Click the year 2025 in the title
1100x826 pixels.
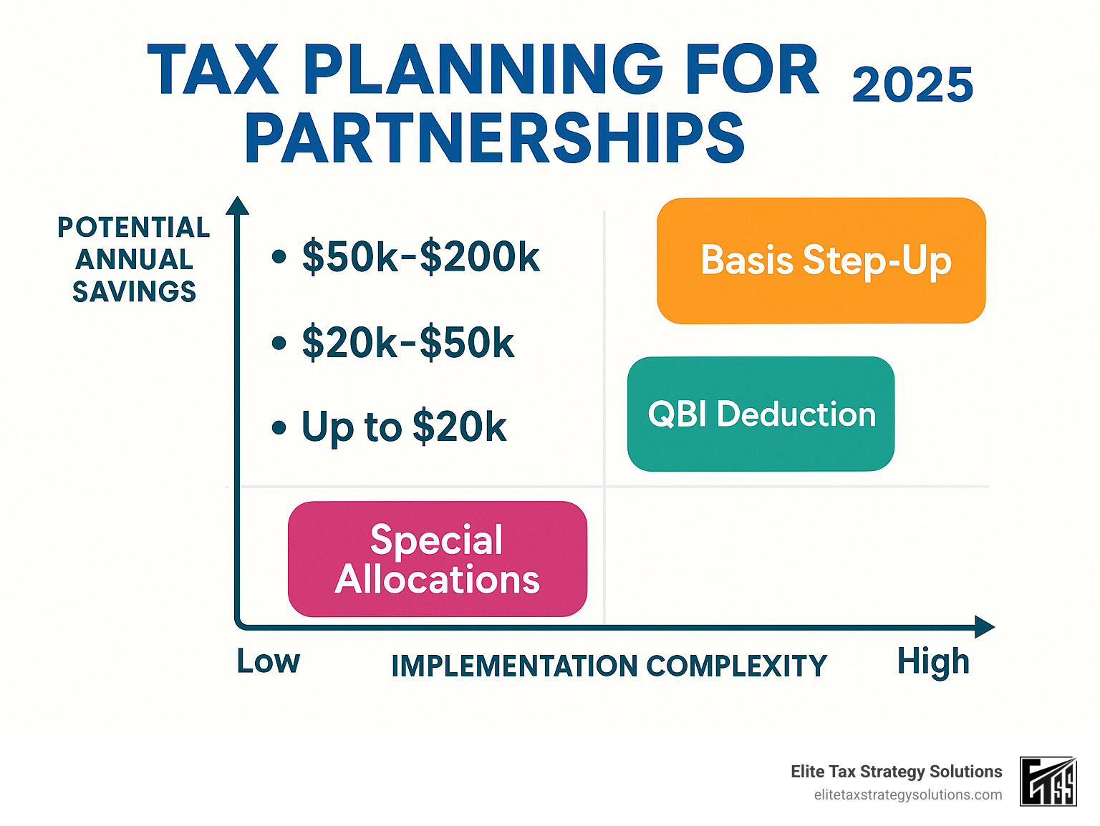[912, 85]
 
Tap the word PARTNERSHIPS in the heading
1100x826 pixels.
[494, 138]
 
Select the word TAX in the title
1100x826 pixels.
[213, 70]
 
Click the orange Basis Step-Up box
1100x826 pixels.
[821, 261]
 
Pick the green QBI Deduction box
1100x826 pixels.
[761, 414]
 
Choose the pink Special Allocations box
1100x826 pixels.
[437, 559]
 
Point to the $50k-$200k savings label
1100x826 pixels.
[420, 257]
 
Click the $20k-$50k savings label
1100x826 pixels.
[407, 343]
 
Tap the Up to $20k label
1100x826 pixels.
[403, 427]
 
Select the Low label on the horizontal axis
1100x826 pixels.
[269, 661]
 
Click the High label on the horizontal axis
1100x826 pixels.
[932, 661]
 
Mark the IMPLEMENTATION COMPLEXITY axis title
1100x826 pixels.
[609, 666]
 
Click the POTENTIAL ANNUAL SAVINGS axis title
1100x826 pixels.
[134, 259]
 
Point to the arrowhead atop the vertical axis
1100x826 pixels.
[237, 206]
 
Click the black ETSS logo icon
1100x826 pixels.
[1048, 782]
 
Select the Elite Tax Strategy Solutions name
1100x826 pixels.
[896, 772]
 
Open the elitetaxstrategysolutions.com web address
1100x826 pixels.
[907, 795]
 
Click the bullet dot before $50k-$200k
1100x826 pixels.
[279, 257]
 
